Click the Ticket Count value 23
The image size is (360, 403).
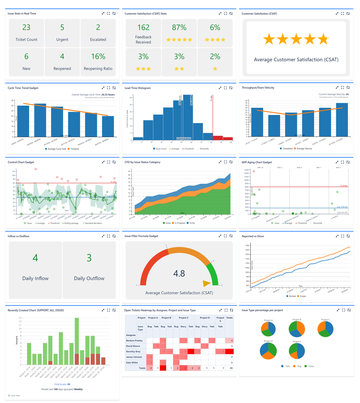click(26, 27)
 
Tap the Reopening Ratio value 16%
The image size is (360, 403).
click(98, 56)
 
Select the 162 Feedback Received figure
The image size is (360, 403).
click(143, 27)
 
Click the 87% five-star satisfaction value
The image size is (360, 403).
click(179, 27)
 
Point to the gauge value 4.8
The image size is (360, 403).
click(179, 274)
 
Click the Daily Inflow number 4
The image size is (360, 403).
click(35, 257)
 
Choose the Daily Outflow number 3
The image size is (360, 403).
click(89, 257)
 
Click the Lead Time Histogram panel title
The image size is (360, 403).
click(138, 88)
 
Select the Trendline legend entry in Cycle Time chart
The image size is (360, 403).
click(72, 149)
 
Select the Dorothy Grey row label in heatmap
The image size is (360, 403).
click(133, 351)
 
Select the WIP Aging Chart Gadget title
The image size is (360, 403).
click(257, 162)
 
